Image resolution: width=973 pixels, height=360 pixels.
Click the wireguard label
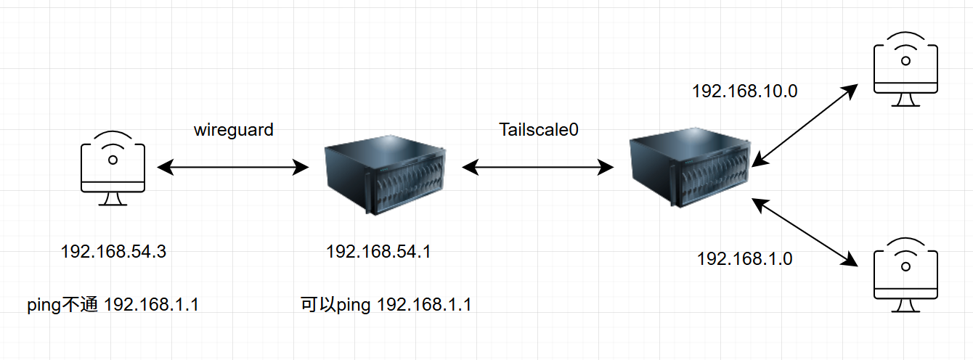coord(234,131)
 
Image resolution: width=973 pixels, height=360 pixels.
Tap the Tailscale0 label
coord(539,130)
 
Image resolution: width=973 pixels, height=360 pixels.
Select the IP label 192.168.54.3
coord(113,252)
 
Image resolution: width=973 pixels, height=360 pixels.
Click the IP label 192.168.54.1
coord(379,252)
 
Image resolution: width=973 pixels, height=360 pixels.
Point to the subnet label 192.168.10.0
coord(744,91)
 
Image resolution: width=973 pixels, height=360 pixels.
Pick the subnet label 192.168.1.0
coord(745,258)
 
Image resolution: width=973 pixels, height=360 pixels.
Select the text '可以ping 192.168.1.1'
coord(386,305)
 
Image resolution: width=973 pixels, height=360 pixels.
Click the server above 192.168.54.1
coord(383,177)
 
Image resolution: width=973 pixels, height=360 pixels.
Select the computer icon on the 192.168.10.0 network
coord(905,69)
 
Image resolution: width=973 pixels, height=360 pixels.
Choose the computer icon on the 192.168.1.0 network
coord(905,274)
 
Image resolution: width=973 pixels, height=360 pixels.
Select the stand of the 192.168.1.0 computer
coord(905,306)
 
